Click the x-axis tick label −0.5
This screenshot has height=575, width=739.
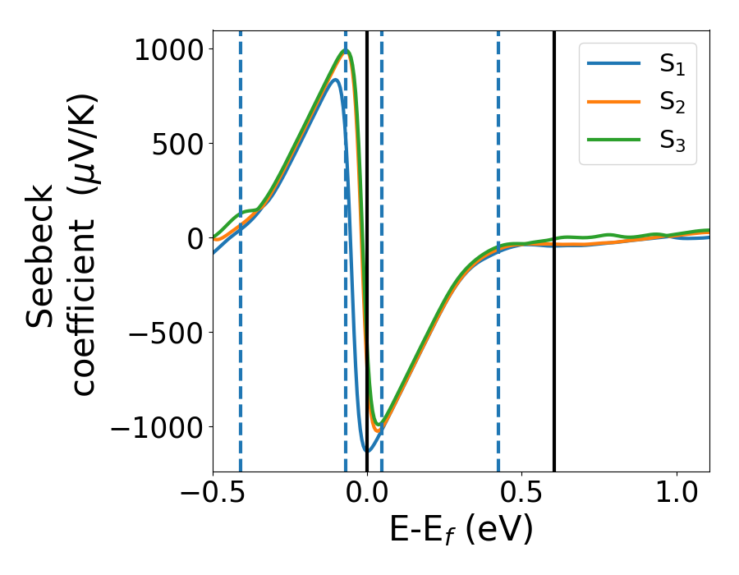[x=213, y=495]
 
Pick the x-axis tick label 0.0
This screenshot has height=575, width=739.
[x=367, y=495]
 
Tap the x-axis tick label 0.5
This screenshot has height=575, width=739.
[x=521, y=495]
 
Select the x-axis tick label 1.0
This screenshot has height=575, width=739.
[x=676, y=495]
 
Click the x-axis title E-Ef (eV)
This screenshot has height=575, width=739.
[x=461, y=531]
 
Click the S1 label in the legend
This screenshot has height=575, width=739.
[x=672, y=66]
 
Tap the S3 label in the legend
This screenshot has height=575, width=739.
[x=672, y=140]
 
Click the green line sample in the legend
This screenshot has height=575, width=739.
[x=614, y=140]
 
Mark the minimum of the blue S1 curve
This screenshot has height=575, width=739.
[x=367, y=451]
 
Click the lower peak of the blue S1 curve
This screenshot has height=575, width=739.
[x=335, y=80]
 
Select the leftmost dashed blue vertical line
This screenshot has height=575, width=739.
[x=241, y=329]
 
